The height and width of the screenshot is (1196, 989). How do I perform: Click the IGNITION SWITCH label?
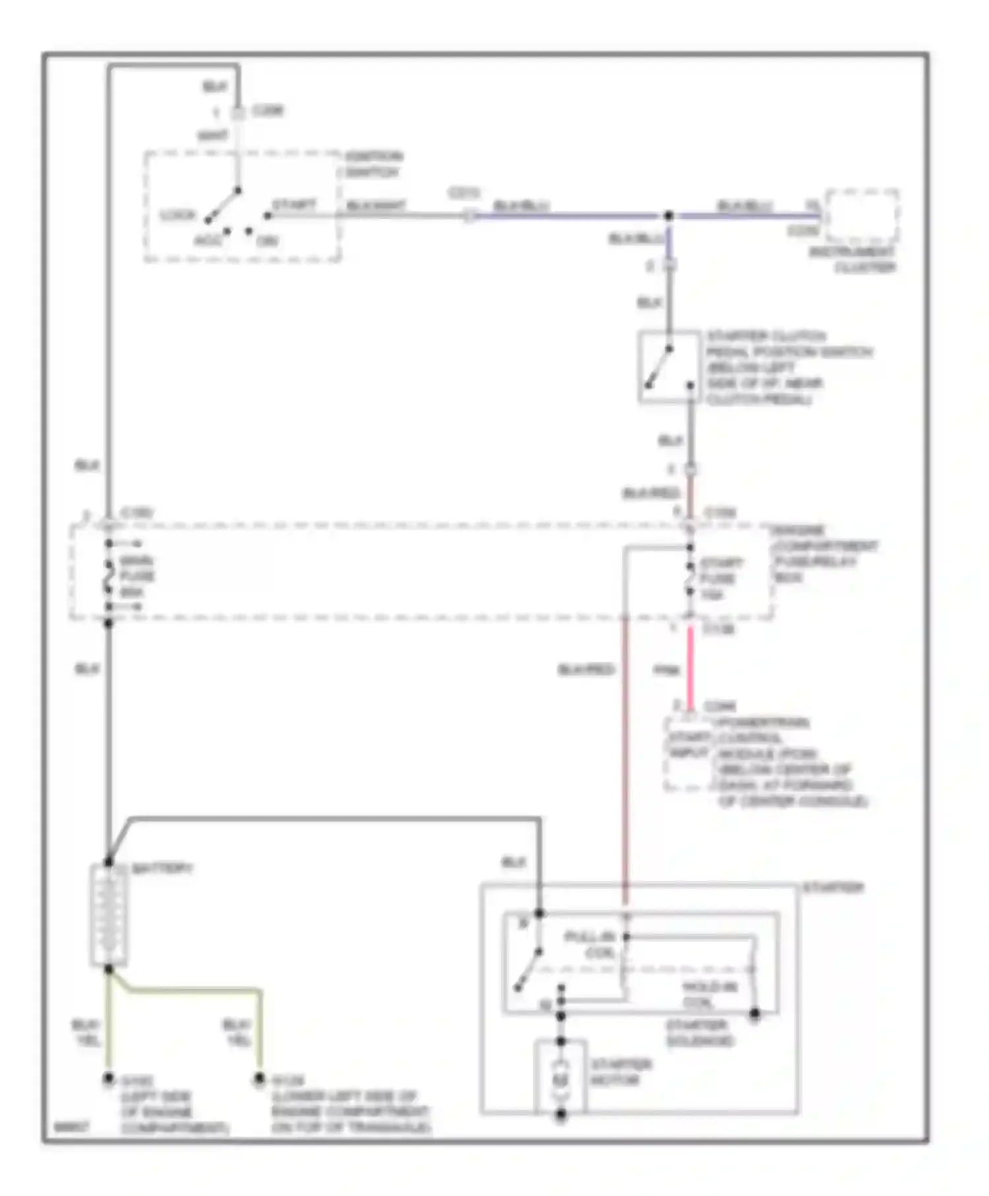tap(373, 164)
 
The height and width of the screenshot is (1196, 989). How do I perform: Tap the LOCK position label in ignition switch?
tap(177, 216)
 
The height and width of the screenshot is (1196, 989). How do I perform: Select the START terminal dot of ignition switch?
tap(267, 216)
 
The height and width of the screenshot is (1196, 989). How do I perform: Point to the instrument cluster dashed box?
tap(862, 217)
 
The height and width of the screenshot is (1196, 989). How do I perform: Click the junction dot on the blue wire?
tap(668, 216)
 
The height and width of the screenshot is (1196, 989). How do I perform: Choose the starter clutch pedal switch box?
tap(669, 367)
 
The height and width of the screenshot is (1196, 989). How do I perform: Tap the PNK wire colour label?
tap(666, 671)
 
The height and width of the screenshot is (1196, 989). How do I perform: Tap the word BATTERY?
tap(162, 868)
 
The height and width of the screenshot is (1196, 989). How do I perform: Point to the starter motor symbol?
tap(560, 1080)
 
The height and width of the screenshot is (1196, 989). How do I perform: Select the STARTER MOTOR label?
tap(620, 1073)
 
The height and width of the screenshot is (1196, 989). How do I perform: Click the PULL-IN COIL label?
tap(590, 945)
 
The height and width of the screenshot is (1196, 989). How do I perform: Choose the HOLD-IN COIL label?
tap(709, 995)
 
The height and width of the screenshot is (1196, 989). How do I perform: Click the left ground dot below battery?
tap(108, 1079)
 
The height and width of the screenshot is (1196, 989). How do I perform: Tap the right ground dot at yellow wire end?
tap(260, 1079)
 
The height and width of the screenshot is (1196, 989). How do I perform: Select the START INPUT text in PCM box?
tap(689, 745)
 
